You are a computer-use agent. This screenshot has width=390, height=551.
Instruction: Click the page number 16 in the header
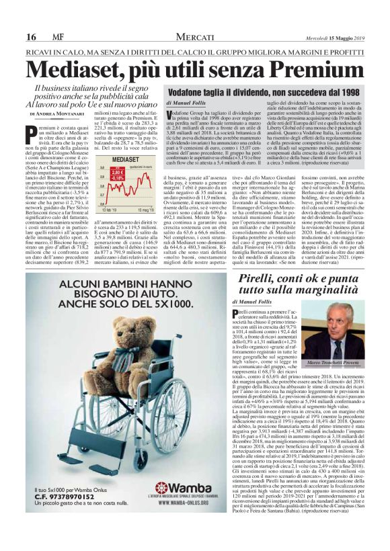(31, 37)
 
